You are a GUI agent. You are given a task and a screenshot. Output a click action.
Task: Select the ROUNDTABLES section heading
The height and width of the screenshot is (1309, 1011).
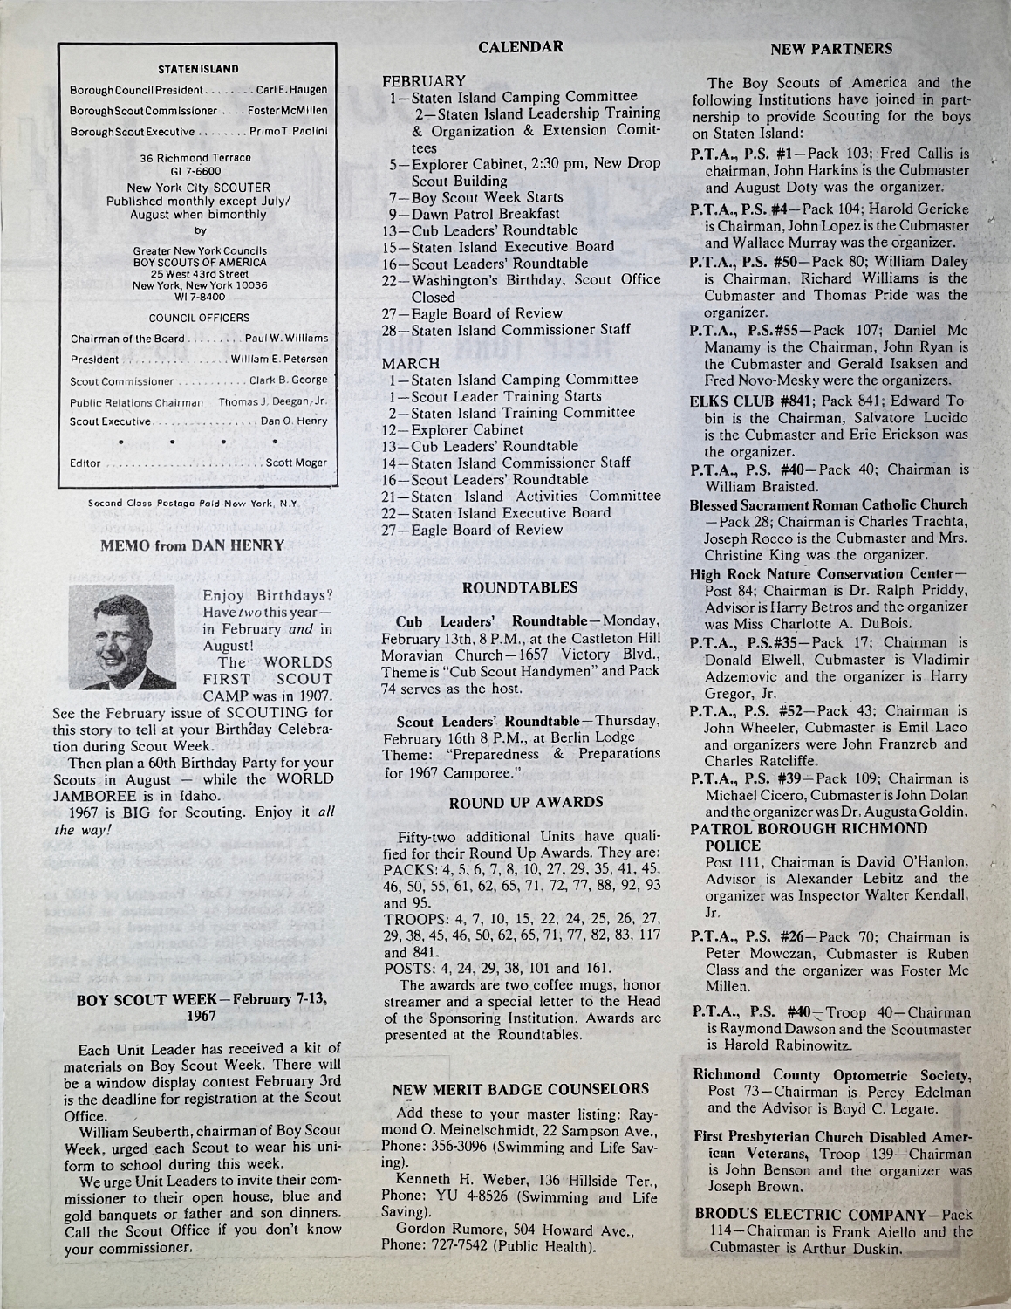(521, 588)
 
